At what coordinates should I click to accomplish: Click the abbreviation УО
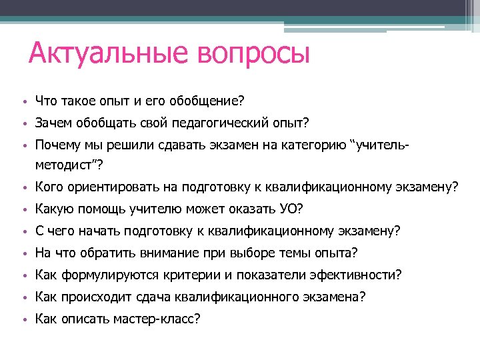pyautogui.click(x=289, y=209)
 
